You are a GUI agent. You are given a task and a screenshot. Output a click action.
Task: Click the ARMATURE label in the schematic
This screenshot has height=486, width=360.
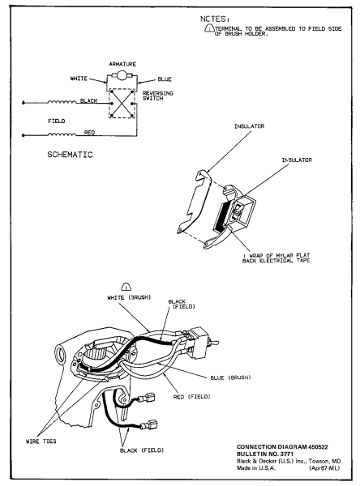click(x=122, y=64)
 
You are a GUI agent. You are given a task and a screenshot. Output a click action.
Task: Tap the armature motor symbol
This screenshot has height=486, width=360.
click(x=121, y=75)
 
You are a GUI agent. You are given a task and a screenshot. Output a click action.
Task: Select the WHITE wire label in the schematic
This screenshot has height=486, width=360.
click(x=79, y=79)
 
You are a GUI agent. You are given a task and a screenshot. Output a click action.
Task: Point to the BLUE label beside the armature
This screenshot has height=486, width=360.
click(x=165, y=79)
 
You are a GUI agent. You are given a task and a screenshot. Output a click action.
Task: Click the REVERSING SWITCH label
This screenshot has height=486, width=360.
click(x=157, y=96)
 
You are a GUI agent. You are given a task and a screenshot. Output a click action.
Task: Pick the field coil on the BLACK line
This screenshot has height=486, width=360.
click(x=62, y=101)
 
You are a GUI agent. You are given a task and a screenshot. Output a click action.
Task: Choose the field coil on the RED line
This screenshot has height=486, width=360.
click(x=62, y=134)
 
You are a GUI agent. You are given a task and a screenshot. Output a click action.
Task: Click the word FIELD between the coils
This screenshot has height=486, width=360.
click(x=57, y=121)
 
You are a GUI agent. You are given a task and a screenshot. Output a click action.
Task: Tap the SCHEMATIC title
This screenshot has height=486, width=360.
click(x=70, y=155)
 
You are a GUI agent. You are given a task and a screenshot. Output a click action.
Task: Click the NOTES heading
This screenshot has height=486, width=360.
click(x=215, y=19)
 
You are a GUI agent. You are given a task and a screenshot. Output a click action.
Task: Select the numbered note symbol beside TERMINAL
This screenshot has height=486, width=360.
click(x=209, y=28)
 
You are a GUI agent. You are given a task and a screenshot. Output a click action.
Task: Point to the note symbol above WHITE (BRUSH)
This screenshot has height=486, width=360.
click(x=126, y=287)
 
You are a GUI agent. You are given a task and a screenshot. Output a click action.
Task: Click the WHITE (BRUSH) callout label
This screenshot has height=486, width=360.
click(x=129, y=297)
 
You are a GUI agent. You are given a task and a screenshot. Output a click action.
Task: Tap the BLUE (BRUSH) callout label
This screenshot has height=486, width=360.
click(x=230, y=377)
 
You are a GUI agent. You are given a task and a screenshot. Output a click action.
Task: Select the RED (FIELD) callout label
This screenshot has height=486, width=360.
click(x=192, y=397)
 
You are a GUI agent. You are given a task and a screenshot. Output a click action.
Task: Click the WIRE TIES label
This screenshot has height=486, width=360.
click(x=41, y=441)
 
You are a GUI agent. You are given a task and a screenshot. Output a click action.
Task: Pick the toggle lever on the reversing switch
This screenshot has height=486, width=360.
click(x=215, y=343)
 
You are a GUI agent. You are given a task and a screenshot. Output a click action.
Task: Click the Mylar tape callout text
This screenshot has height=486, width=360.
click(x=276, y=258)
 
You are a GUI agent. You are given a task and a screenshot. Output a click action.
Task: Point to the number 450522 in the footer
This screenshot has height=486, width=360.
click(x=318, y=447)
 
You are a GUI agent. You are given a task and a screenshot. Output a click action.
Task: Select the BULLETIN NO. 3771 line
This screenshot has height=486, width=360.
click(x=265, y=454)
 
